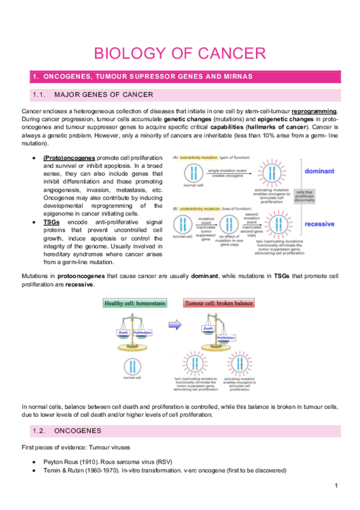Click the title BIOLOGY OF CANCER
[180, 53]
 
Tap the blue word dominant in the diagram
[319, 171]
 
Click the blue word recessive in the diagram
[319, 224]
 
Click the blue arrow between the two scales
[174, 325]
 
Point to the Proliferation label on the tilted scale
[225, 338]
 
